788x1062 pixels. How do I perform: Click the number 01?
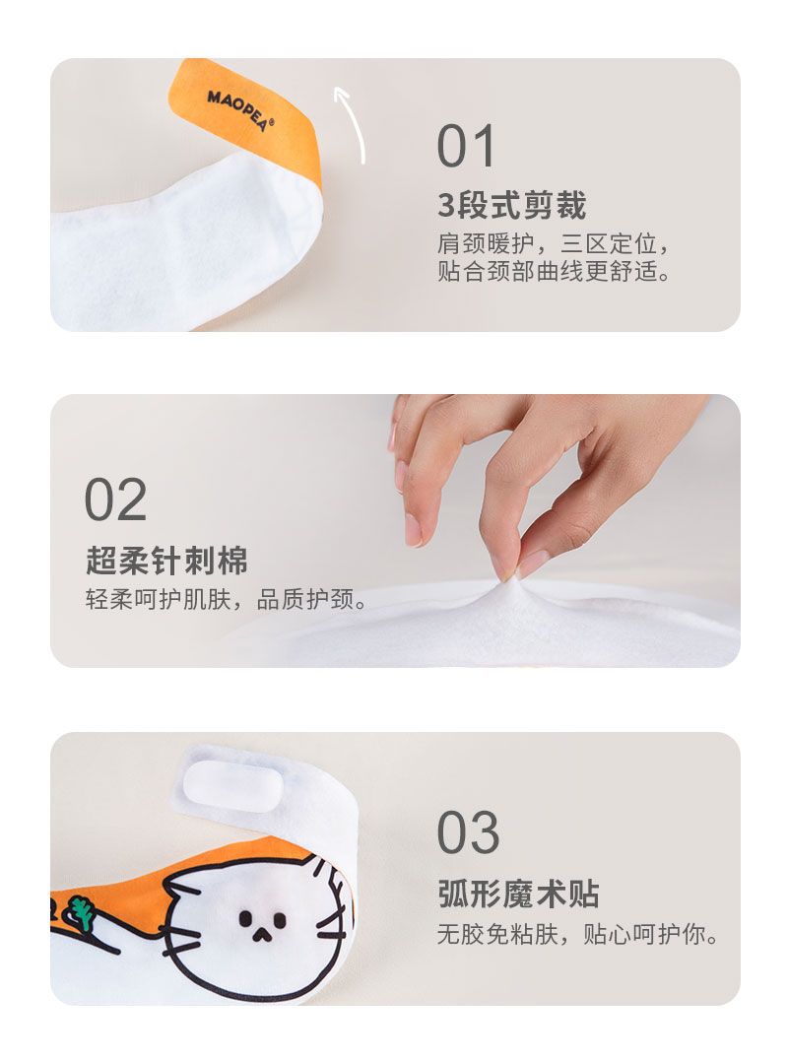(467, 148)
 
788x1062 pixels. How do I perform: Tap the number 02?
(115, 500)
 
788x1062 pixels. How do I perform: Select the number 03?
(468, 833)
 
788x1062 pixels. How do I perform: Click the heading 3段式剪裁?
(511, 207)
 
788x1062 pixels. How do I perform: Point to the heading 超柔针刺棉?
(166, 561)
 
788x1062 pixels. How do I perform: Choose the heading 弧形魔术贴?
(518, 895)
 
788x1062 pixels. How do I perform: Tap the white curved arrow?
(350, 123)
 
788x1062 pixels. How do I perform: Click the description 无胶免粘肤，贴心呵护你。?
(577, 934)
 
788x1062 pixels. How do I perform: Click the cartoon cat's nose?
(260, 936)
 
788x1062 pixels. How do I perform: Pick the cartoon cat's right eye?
(280, 921)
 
